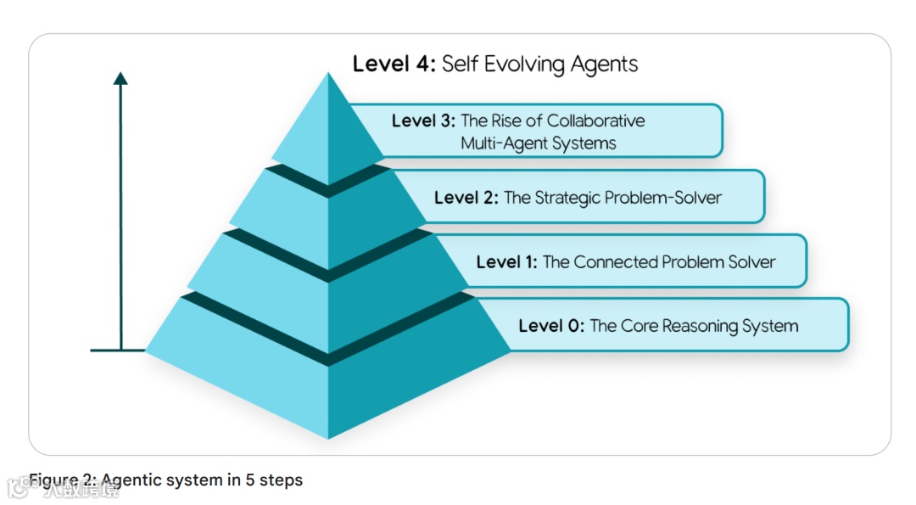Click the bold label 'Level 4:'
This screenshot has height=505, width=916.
pos(394,65)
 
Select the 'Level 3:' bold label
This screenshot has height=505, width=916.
pos(423,121)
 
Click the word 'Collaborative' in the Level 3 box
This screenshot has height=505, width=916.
pos(595,121)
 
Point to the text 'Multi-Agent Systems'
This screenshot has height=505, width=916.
pos(538,143)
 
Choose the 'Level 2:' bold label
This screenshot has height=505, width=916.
pos(466,198)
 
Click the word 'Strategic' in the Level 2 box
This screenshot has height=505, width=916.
pos(567,198)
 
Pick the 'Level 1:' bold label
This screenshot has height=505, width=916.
pos(506,262)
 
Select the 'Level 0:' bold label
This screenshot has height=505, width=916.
pos(550,326)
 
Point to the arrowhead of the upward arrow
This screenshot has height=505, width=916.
pos(120,78)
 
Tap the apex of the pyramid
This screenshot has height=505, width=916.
pos(328,75)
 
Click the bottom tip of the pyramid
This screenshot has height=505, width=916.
pos(328,437)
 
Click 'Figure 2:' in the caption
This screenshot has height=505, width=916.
pos(63,480)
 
